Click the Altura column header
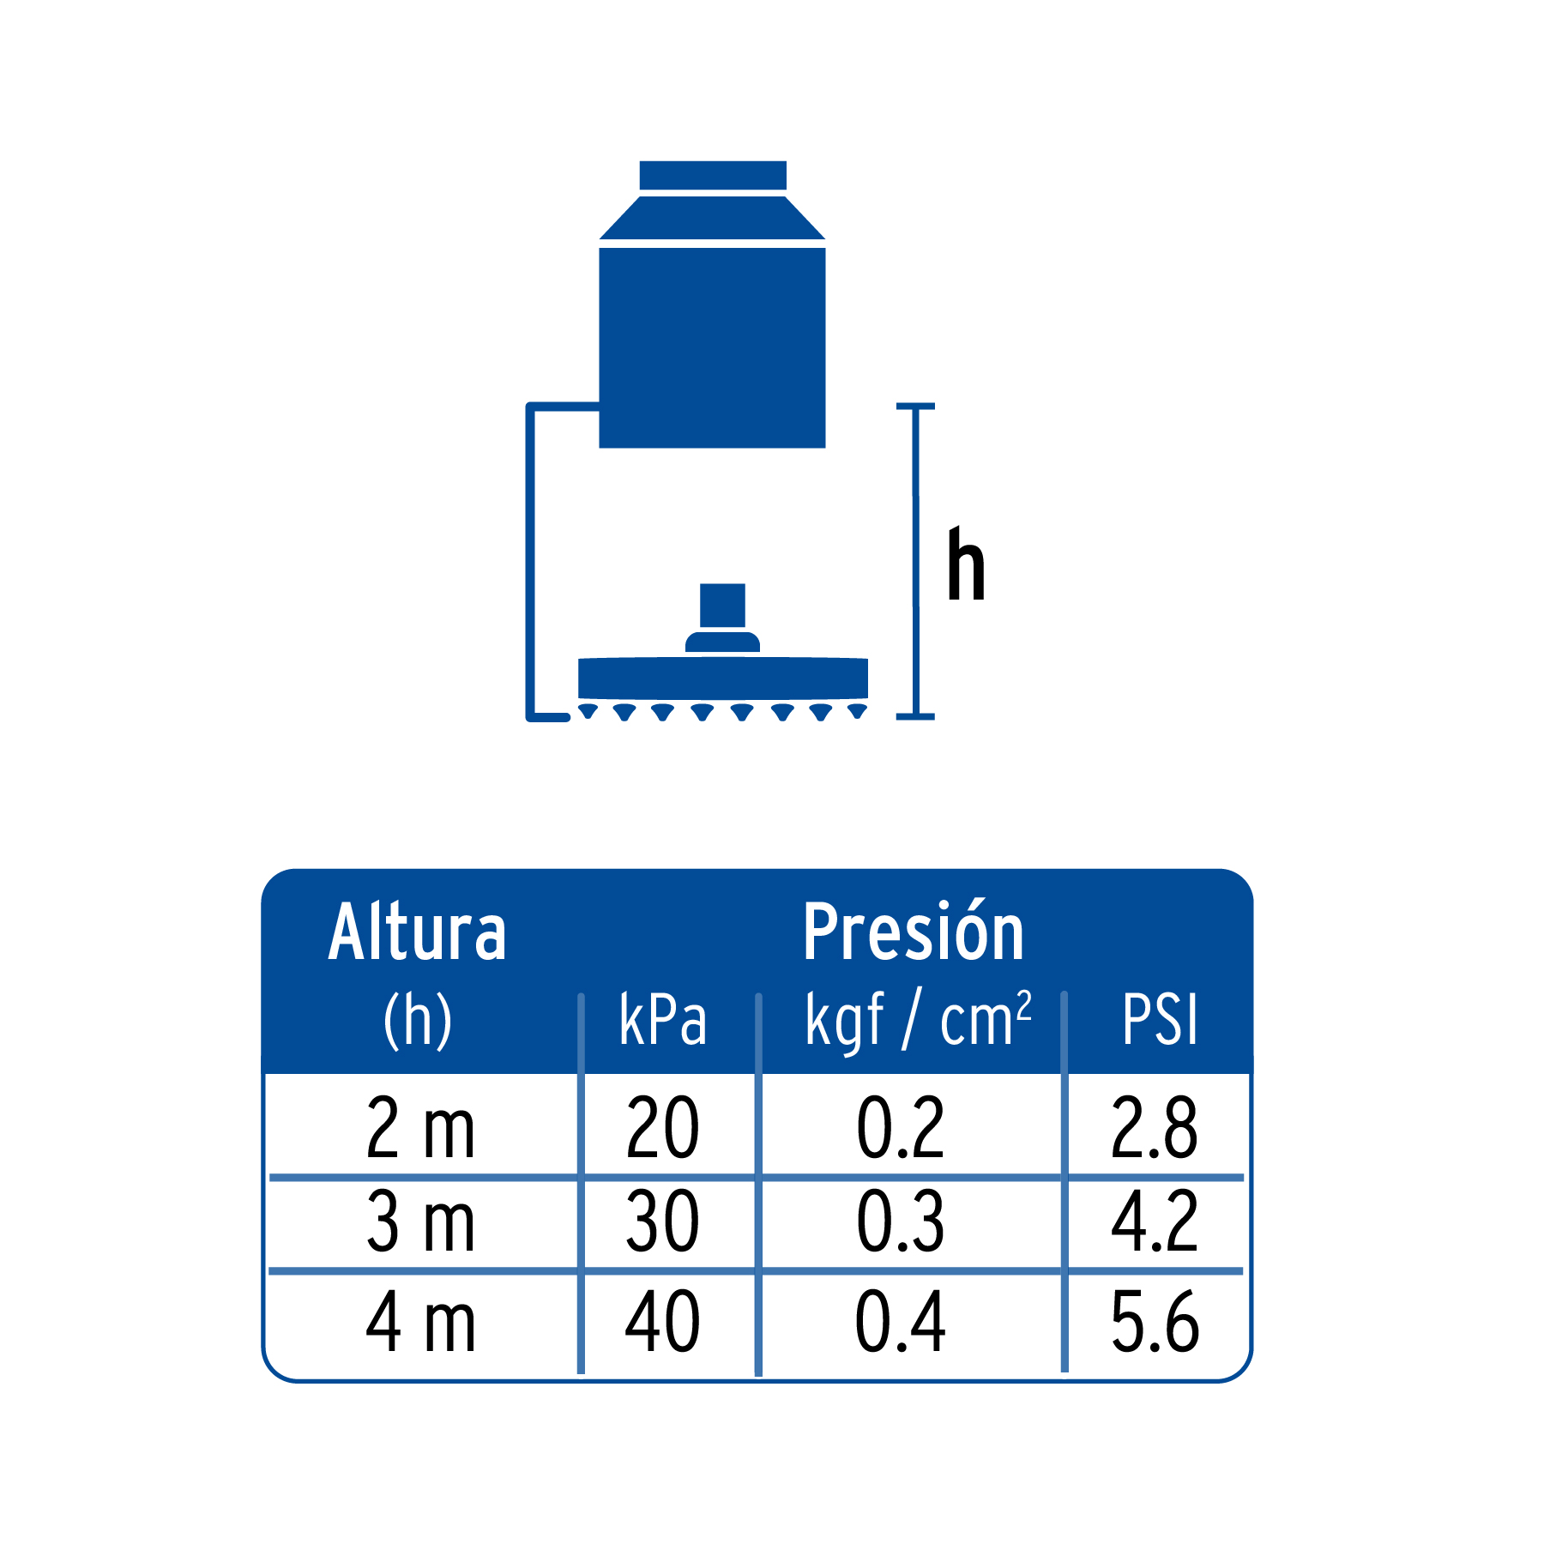(417, 932)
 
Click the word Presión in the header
(914, 931)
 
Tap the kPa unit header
(663, 1020)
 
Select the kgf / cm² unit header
(918, 1020)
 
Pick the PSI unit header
(1160, 1020)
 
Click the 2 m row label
(420, 1127)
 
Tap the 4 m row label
(420, 1322)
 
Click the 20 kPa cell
(663, 1127)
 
